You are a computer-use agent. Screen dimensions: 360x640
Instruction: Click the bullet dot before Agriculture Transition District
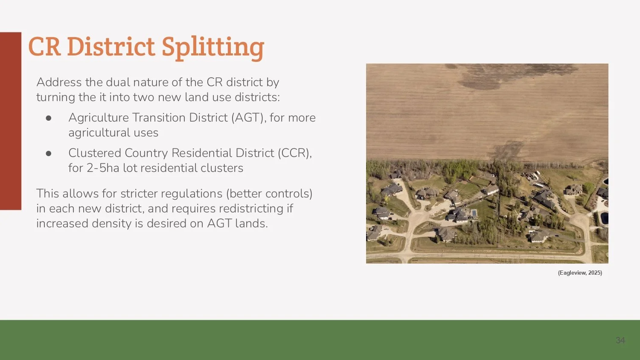tap(49, 118)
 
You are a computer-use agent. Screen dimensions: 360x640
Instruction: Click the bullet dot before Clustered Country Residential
tap(49, 154)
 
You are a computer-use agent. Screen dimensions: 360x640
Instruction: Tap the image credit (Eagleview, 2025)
tap(580, 273)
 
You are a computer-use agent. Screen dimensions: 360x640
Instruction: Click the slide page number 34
tap(620, 340)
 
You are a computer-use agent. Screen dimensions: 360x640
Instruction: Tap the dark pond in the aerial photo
tap(605, 218)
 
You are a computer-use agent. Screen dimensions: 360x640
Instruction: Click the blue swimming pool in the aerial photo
tap(474, 213)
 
